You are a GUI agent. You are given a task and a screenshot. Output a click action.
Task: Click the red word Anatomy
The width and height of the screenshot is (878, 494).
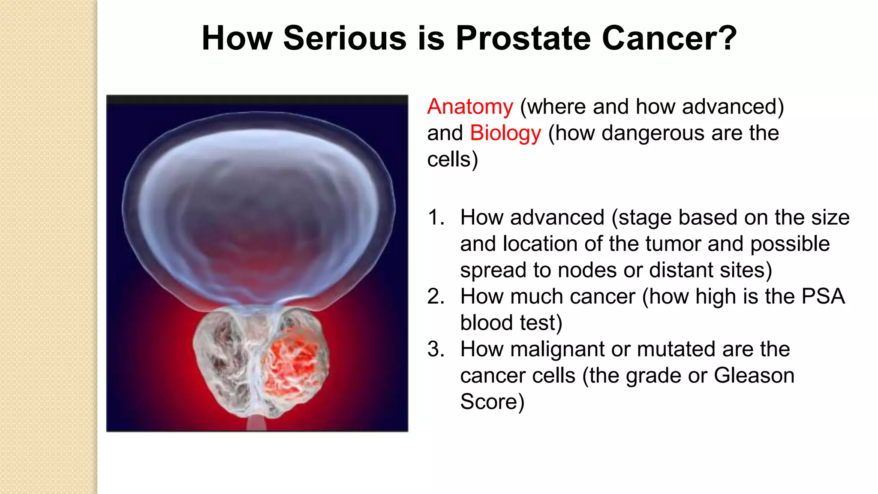(470, 106)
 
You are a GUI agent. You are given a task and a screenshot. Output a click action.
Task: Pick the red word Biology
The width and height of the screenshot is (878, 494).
(505, 133)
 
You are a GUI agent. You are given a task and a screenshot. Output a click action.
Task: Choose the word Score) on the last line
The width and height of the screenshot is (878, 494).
(492, 402)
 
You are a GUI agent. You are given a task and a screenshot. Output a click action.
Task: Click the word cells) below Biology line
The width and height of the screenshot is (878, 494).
(452, 160)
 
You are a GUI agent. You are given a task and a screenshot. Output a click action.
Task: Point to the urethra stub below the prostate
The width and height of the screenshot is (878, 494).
(256, 425)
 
